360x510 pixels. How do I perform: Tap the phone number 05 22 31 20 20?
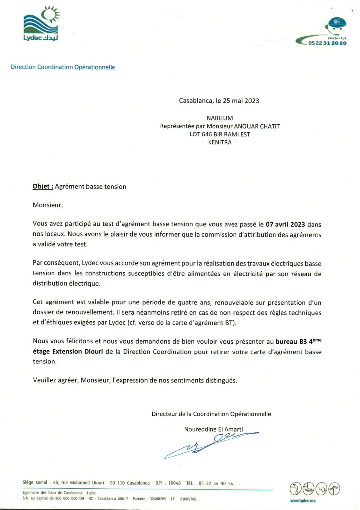pos(327,43)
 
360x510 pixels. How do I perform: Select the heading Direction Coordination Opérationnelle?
pos(63,67)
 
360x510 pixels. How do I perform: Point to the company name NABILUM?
pos(220,118)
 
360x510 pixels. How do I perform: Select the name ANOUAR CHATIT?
pos(257,126)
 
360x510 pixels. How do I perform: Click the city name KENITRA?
pos(220,142)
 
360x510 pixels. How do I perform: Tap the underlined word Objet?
pos(43,187)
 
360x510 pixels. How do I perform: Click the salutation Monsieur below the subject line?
pos(48,205)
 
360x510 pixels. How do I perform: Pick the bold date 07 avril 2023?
pos(285,225)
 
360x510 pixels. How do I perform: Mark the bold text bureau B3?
pos(291,342)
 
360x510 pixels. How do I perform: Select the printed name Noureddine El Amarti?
pos(213,429)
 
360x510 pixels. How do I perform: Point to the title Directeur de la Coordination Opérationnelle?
pos(211,414)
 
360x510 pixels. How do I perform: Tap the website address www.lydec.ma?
pos(303,501)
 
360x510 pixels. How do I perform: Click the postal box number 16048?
pos(174,483)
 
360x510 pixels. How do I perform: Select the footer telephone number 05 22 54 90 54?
pos(216,483)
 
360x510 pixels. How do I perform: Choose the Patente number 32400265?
pos(158,499)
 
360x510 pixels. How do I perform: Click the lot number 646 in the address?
pos(207,135)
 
